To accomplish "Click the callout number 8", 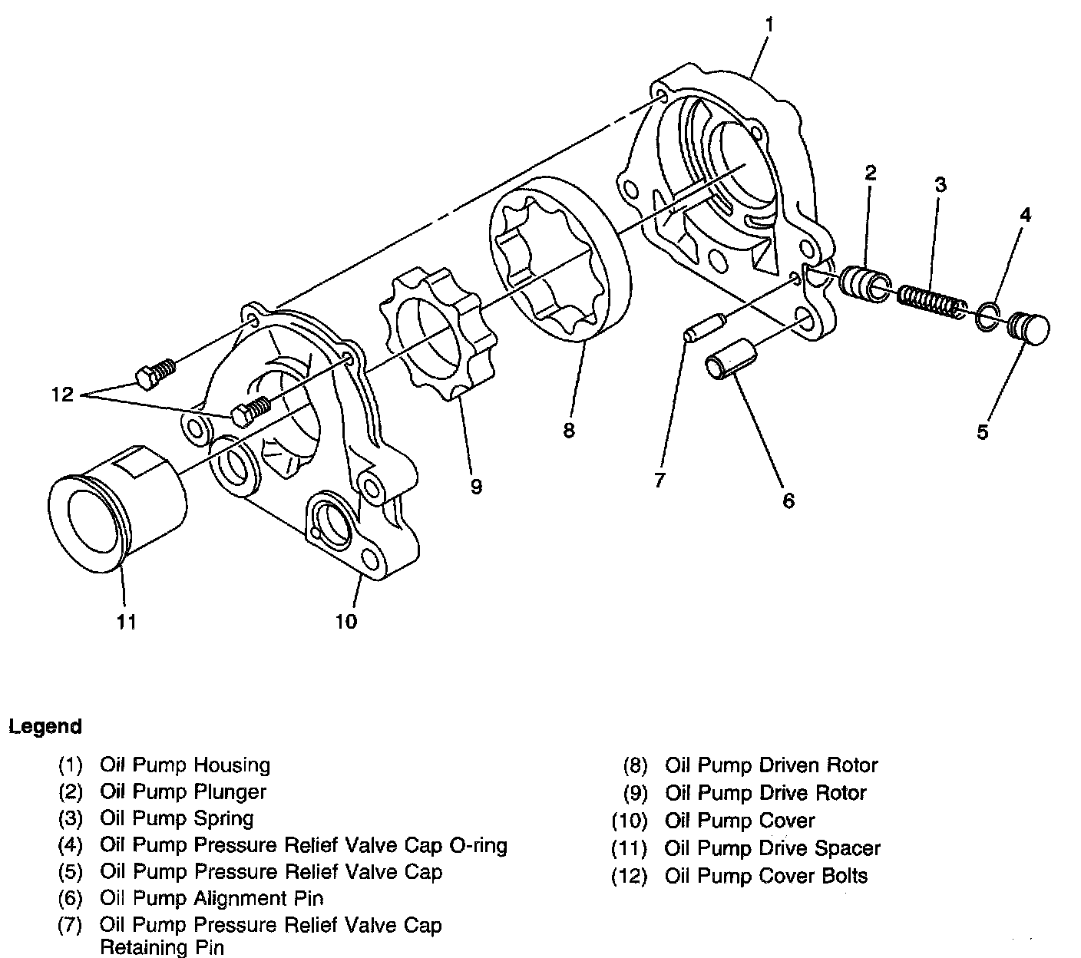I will coord(568,431).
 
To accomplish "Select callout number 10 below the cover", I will coord(345,621).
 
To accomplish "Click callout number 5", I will coord(983,432).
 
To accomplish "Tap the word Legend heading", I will coord(45,726).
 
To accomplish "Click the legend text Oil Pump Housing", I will coord(184,765).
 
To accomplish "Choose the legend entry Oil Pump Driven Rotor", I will coord(771,765).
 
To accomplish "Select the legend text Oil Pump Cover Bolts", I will coord(766,876).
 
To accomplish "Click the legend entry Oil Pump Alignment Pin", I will coord(211,898).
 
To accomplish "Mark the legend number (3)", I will coord(70,819).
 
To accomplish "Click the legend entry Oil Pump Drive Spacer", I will coord(772,848).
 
